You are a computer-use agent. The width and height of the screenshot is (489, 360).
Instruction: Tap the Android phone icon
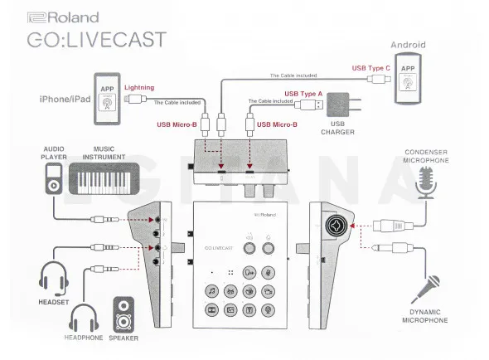point(408,80)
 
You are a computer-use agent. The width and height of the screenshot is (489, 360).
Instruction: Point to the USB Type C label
point(370,67)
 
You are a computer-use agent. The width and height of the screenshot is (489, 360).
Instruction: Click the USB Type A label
point(303,94)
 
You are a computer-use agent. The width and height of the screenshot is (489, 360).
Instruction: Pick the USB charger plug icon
point(338,106)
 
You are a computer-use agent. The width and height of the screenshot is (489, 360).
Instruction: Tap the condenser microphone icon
point(428,182)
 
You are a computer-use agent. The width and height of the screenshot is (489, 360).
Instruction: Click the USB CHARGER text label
point(338,129)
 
